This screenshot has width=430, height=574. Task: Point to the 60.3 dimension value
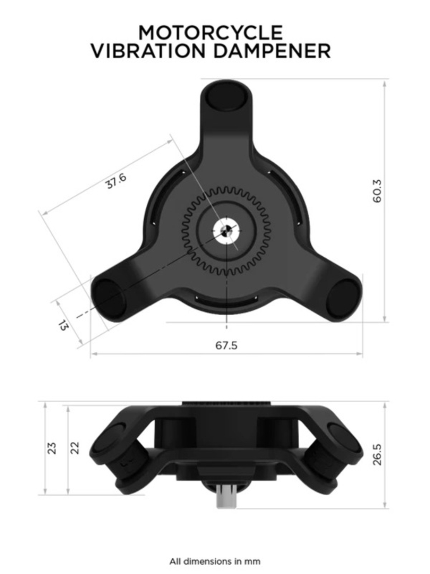377,191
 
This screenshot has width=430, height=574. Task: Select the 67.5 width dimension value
226,345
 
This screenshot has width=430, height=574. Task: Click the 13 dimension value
63,325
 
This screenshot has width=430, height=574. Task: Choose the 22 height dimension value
76,448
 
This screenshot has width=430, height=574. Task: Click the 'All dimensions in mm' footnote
215,561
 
